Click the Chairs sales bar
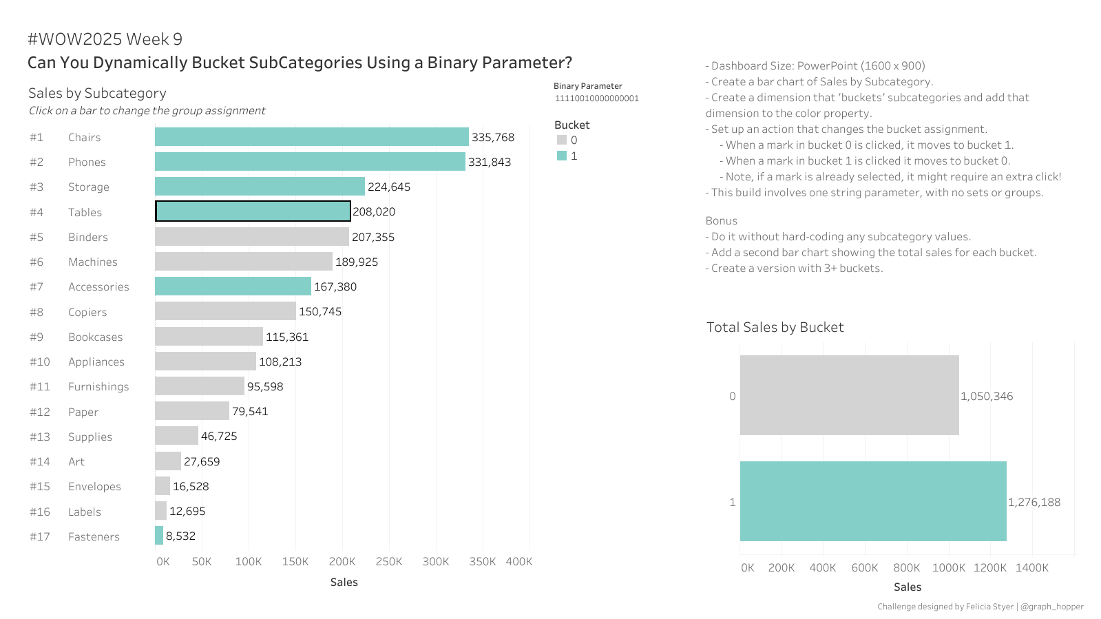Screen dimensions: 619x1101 [x=311, y=137]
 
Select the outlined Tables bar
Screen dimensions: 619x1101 [x=253, y=211]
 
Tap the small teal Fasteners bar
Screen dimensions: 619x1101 [x=159, y=536]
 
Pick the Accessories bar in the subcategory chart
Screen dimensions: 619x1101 [x=233, y=286]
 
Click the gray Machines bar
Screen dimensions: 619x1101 [x=243, y=262]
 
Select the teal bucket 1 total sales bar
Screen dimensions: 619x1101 [x=872, y=501]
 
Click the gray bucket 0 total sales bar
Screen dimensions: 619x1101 [x=849, y=395]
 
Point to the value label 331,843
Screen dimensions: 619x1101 [x=490, y=162]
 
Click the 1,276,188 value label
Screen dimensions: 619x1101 [x=1034, y=503]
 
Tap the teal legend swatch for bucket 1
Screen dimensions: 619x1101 [x=562, y=156]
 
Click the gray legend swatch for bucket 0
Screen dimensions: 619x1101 [x=562, y=140]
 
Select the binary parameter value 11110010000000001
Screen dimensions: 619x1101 [x=596, y=98]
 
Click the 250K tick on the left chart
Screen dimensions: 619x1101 [x=389, y=562]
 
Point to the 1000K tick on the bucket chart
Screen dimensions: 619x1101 [x=948, y=568]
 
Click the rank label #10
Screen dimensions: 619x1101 [x=40, y=362]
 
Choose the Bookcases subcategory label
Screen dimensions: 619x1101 [x=95, y=337]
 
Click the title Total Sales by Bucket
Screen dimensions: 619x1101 [x=775, y=328]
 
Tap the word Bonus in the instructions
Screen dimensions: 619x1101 [x=721, y=221]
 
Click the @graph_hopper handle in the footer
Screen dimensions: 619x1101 [x=1051, y=607]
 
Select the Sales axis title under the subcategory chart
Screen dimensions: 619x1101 [x=344, y=583]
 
